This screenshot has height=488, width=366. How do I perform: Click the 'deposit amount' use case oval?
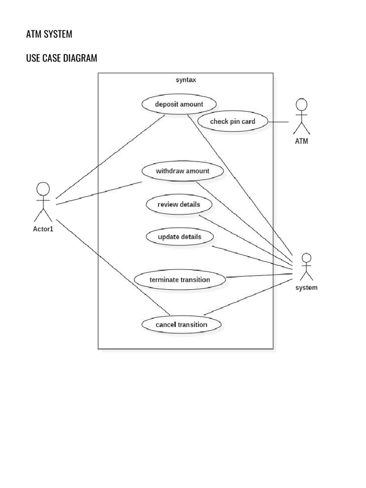point(179,104)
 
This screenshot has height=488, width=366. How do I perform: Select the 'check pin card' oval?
point(233,122)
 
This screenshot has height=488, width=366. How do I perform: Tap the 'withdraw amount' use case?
point(183,171)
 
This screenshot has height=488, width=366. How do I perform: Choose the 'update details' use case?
point(179,237)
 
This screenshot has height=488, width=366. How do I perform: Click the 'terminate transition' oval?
point(180,280)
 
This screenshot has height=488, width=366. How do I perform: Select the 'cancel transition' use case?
point(182,325)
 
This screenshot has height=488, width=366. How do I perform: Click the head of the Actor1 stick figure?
point(43,189)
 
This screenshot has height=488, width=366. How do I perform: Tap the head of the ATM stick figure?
point(301,104)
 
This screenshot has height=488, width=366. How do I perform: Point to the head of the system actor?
point(306,258)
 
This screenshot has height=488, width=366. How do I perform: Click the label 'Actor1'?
point(43,229)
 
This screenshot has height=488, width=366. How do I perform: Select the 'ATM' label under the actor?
point(301,141)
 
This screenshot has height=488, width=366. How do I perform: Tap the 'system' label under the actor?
point(306,288)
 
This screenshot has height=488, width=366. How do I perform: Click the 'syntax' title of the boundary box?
point(186,80)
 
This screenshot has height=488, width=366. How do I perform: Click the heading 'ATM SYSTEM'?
point(49,34)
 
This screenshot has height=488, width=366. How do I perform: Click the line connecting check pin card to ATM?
point(278,122)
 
